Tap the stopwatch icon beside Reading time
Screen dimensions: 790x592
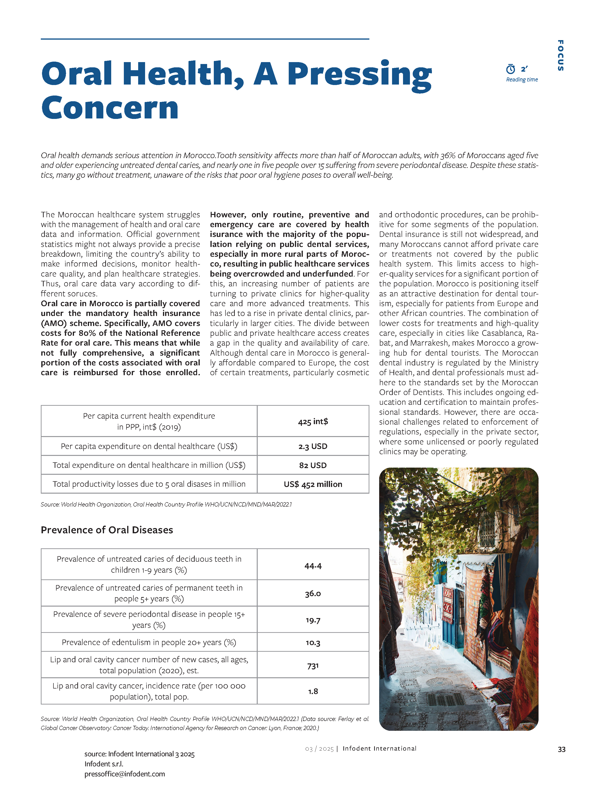tap(510, 69)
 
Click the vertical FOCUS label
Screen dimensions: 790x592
tap(561, 55)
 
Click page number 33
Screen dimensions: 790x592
tap(561, 749)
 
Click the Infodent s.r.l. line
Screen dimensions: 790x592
tap(104, 764)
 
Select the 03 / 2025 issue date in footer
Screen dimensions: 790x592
tap(319, 749)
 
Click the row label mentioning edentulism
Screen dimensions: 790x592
tap(149, 642)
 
